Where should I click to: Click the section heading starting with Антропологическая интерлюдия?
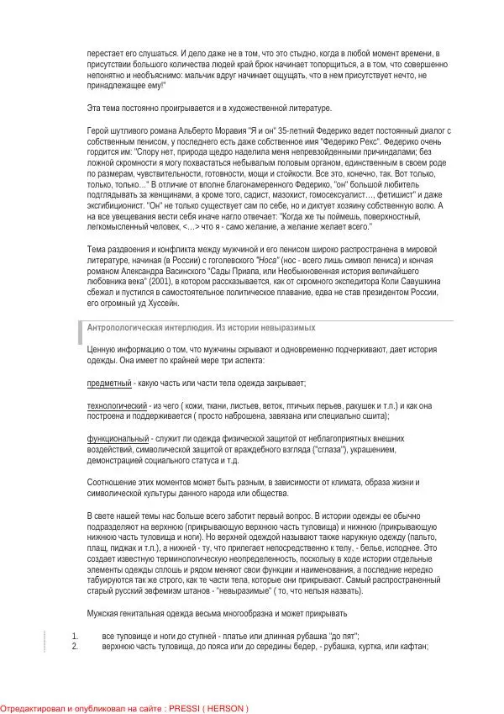pos(201,327)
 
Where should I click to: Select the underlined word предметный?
pos(109,383)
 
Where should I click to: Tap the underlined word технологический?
pos(118,405)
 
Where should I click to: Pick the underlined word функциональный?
pos(118,439)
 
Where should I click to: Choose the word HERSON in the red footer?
pos(227,708)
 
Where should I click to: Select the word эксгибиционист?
pos(118,205)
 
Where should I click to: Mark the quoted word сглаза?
pos(326,450)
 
